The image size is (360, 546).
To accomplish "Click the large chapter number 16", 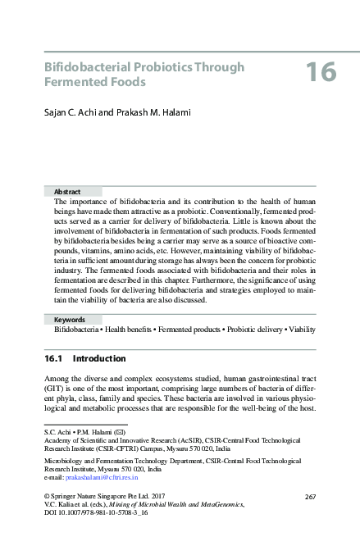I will (x=321, y=73).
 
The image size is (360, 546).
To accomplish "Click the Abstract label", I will (x=67, y=191).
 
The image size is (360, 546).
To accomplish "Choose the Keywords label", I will (x=71, y=319).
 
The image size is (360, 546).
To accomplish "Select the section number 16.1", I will (x=53, y=359).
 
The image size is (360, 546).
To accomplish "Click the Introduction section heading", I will (x=99, y=359).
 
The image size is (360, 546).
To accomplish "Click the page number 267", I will (x=310, y=497).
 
